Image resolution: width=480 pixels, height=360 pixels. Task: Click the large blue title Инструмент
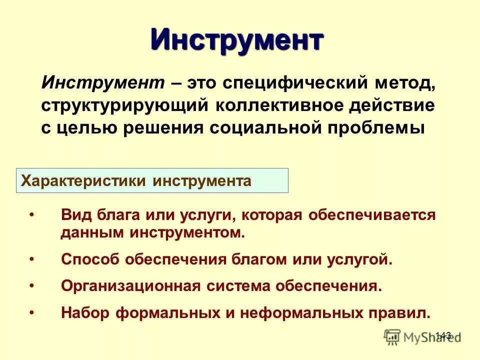pos(237,39)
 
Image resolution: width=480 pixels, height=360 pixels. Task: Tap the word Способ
pos(89,259)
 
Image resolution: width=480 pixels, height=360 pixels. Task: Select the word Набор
pos(84,312)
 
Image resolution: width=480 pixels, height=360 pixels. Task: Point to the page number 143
pos(443,335)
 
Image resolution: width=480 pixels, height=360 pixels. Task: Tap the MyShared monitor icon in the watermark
pos(393,336)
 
